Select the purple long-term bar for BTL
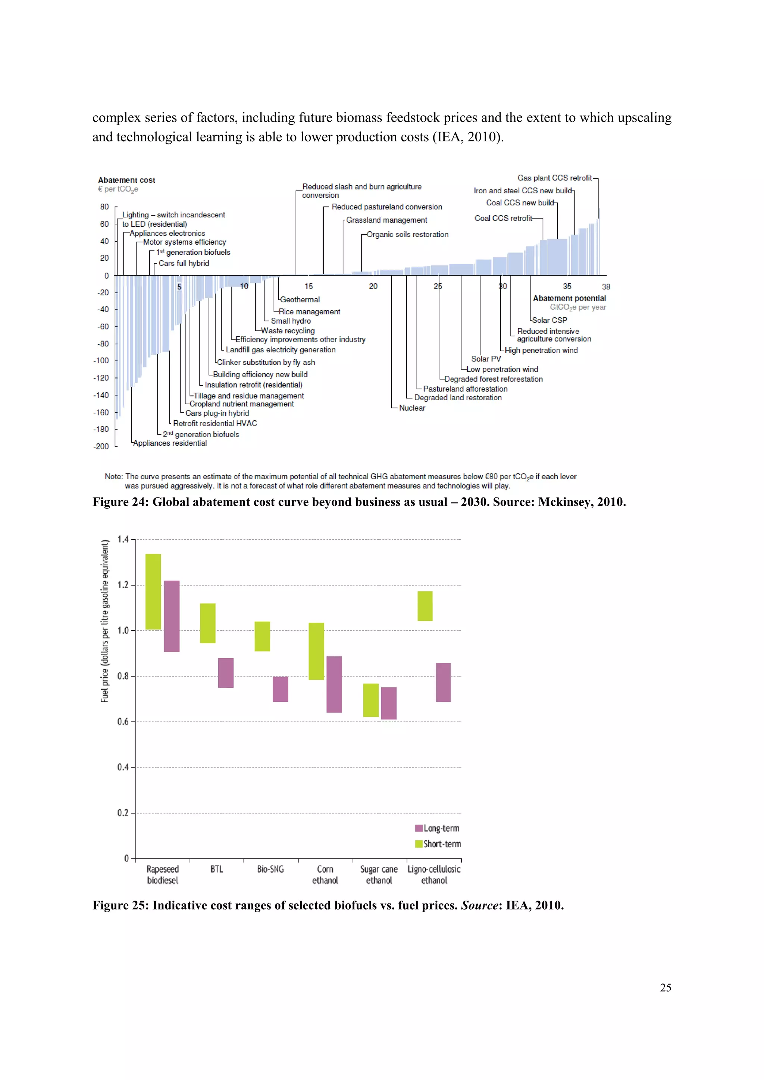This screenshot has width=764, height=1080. (x=226, y=673)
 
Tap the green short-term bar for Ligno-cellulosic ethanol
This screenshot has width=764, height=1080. (x=425, y=606)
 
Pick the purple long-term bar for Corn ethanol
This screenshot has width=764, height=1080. (x=334, y=684)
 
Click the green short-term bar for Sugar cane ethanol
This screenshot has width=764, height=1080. (x=371, y=700)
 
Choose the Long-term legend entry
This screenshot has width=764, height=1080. (x=437, y=828)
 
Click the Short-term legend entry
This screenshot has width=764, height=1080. (x=438, y=844)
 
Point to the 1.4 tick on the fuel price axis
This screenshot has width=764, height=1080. (x=123, y=540)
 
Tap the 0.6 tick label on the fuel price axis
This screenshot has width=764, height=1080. (x=123, y=722)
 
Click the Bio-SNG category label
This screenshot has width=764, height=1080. (x=270, y=869)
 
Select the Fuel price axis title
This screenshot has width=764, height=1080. (x=105, y=621)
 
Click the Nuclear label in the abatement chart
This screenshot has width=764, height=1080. (x=412, y=408)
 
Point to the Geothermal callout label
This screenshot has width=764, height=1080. (x=300, y=299)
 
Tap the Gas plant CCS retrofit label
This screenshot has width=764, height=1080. (x=554, y=178)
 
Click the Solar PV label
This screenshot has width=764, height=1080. (x=486, y=359)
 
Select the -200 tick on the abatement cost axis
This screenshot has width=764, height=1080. (x=101, y=446)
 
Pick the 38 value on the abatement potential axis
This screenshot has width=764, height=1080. (x=606, y=286)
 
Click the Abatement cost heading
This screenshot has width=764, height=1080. (x=126, y=180)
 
